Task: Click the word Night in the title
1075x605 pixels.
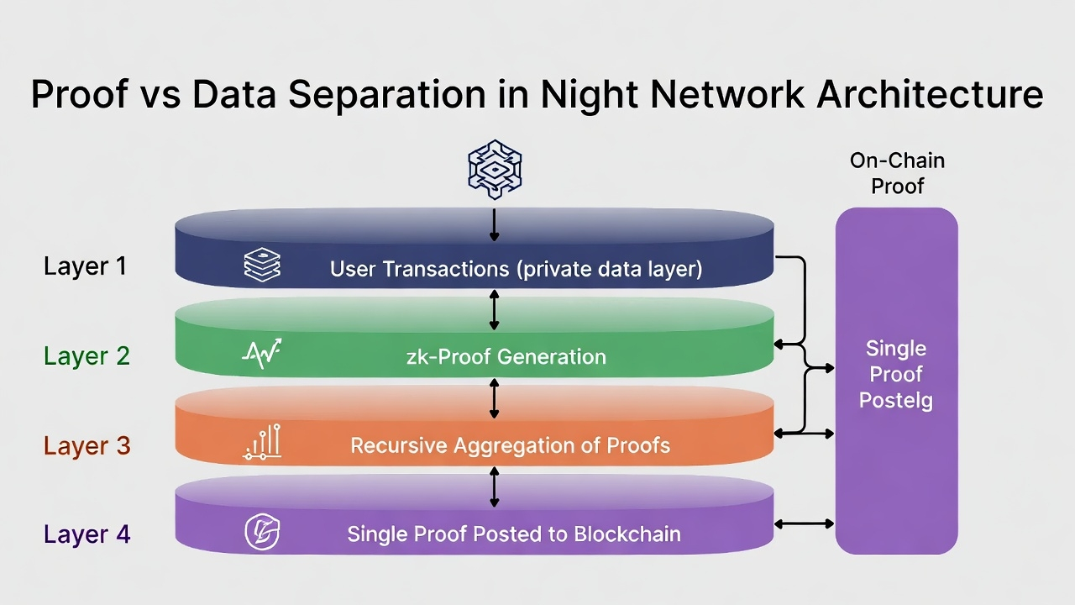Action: tap(590, 95)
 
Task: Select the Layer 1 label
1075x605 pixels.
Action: tap(85, 266)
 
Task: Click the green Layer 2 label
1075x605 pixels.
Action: tap(87, 355)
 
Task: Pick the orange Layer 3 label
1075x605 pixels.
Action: tap(87, 445)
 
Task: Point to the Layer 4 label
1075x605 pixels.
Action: tap(87, 534)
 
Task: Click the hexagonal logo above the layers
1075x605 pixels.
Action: tap(495, 170)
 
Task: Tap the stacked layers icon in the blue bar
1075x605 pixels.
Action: tap(262, 265)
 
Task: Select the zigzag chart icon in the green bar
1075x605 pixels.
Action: tap(262, 354)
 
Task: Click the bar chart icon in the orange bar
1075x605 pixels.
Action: tap(262, 442)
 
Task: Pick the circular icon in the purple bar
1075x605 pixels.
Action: tap(262, 532)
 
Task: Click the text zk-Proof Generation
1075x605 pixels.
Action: tap(506, 357)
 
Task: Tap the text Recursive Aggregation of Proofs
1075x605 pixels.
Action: tap(510, 445)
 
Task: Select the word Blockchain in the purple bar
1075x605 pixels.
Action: tap(627, 534)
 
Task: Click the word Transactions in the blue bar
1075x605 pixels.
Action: tap(446, 269)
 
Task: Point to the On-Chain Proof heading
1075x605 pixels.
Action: tap(898, 173)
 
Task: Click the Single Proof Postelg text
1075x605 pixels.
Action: tap(896, 375)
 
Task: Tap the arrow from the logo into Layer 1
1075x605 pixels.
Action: tap(495, 224)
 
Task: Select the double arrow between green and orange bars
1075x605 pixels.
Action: tap(495, 398)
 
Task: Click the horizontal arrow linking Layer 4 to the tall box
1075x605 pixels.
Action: tap(805, 523)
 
